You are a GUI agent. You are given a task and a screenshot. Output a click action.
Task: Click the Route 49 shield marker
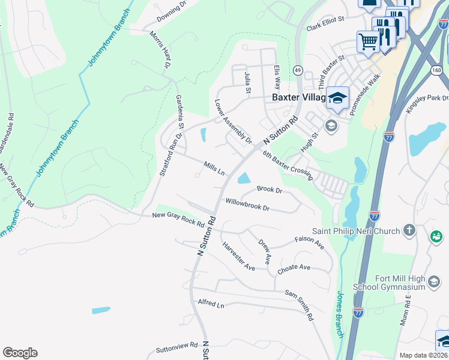pyautogui.click(x=297, y=71)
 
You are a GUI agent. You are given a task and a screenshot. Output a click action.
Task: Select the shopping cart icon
pyautogui.click(x=369, y=42)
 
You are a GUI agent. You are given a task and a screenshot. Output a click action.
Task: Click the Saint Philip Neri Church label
pyautogui.click(x=357, y=230)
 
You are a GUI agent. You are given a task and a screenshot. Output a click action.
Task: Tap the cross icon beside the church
pyautogui.click(x=409, y=230)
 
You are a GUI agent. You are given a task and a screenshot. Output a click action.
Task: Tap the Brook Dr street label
pyautogui.click(x=269, y=188)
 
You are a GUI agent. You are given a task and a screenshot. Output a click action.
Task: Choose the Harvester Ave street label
pyautogui.click(x=238, y=256)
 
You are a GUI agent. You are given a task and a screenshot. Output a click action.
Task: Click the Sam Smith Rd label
pyautogui.click(x=299, y=305)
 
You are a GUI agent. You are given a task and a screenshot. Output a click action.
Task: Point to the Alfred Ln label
pyautogui.click(x=211, y=305)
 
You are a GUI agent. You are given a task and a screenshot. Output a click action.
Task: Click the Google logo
pyautogui.click(x=20, y=353)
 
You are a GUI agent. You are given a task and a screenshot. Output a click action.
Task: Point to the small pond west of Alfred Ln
pyautogui.click(x=101, y=310)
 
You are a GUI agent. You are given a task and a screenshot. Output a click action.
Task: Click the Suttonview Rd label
pyautogui.click(x=176, y=346)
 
